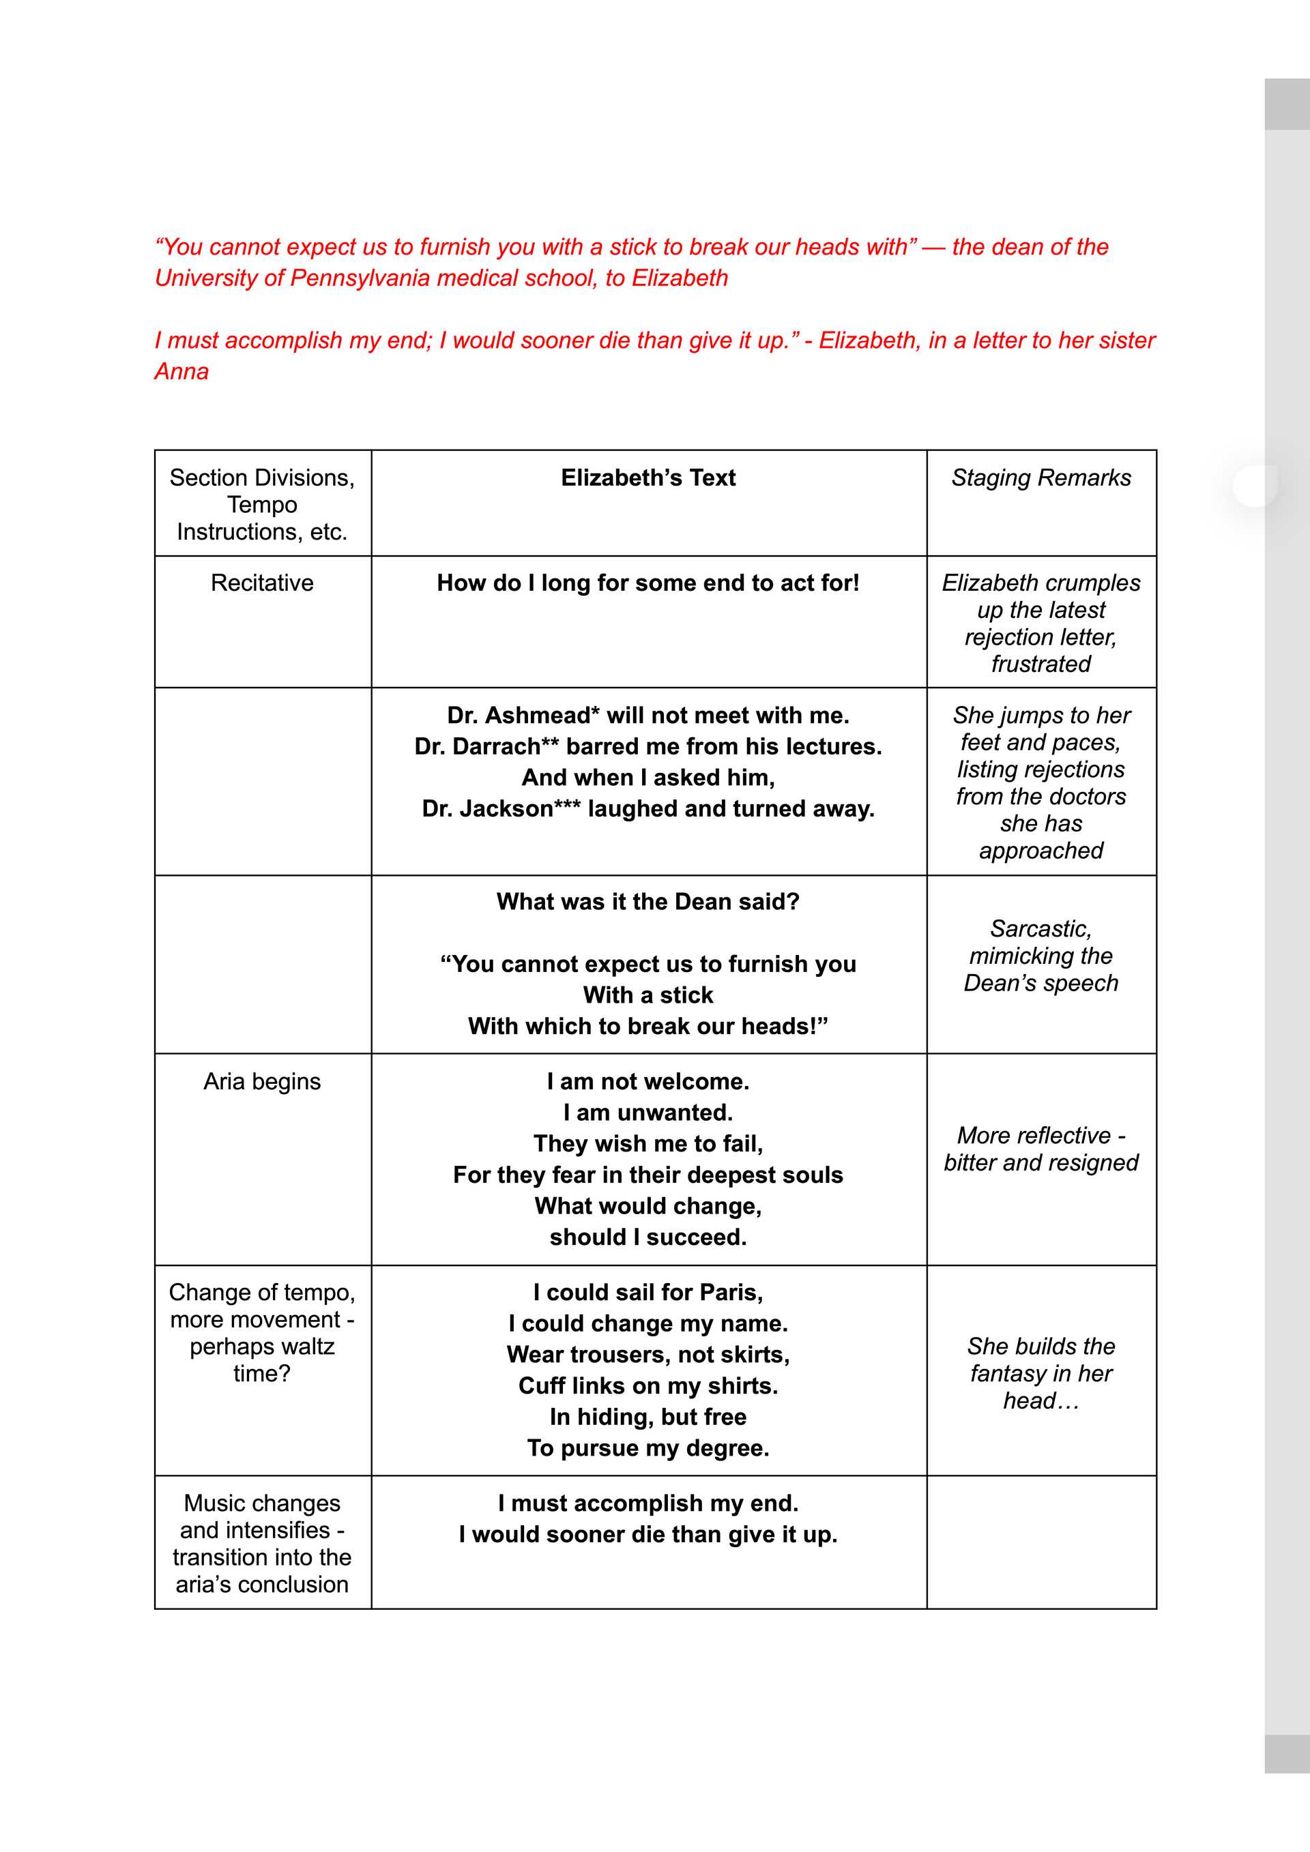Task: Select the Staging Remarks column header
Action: [1040, 478]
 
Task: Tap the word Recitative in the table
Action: [262, 583]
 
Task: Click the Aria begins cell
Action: [262, 1082]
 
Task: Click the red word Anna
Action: [181, 372]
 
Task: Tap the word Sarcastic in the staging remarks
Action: [1040, 929]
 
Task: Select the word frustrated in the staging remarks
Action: [1040, 664]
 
